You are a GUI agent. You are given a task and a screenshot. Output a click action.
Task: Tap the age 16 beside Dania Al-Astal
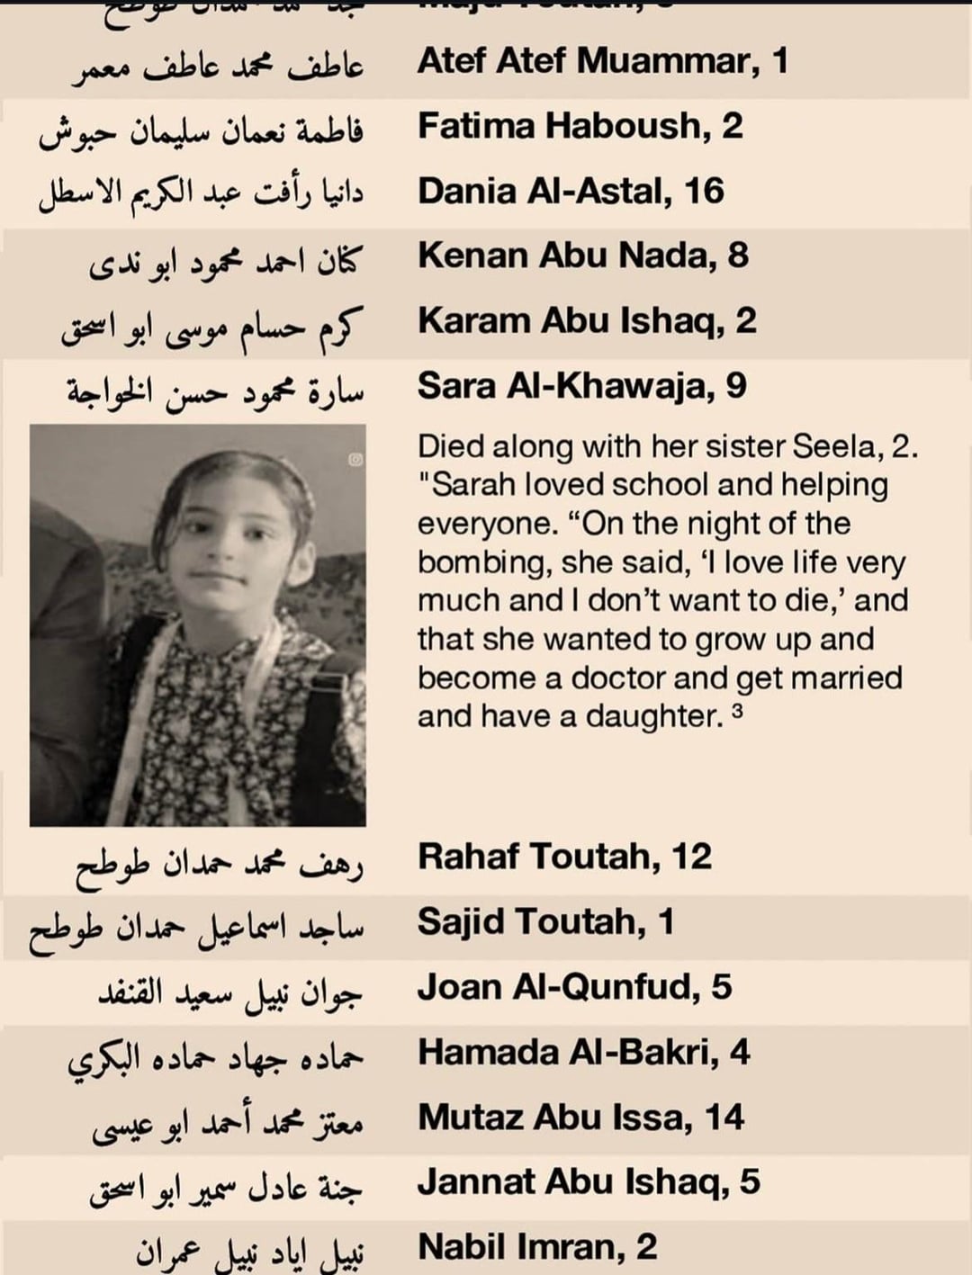[704, 191]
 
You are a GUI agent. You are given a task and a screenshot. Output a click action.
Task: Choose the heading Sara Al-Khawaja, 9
[581, 386]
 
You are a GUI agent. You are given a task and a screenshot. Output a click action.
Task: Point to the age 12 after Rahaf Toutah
[691, 857]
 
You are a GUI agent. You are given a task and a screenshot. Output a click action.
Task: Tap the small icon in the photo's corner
[355, 460]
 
